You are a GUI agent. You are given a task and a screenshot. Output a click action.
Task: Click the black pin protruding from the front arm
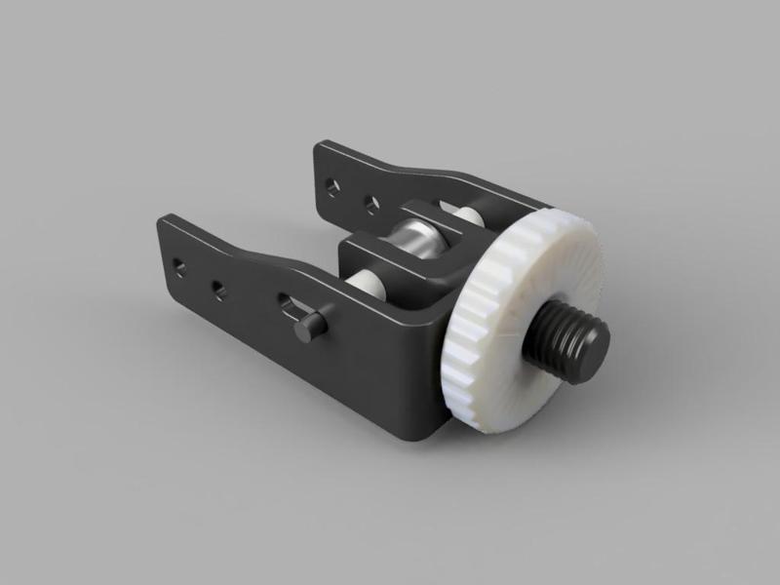310,327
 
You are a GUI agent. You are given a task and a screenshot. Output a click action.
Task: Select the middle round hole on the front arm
217,289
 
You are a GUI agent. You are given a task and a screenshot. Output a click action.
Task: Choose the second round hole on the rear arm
370,204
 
